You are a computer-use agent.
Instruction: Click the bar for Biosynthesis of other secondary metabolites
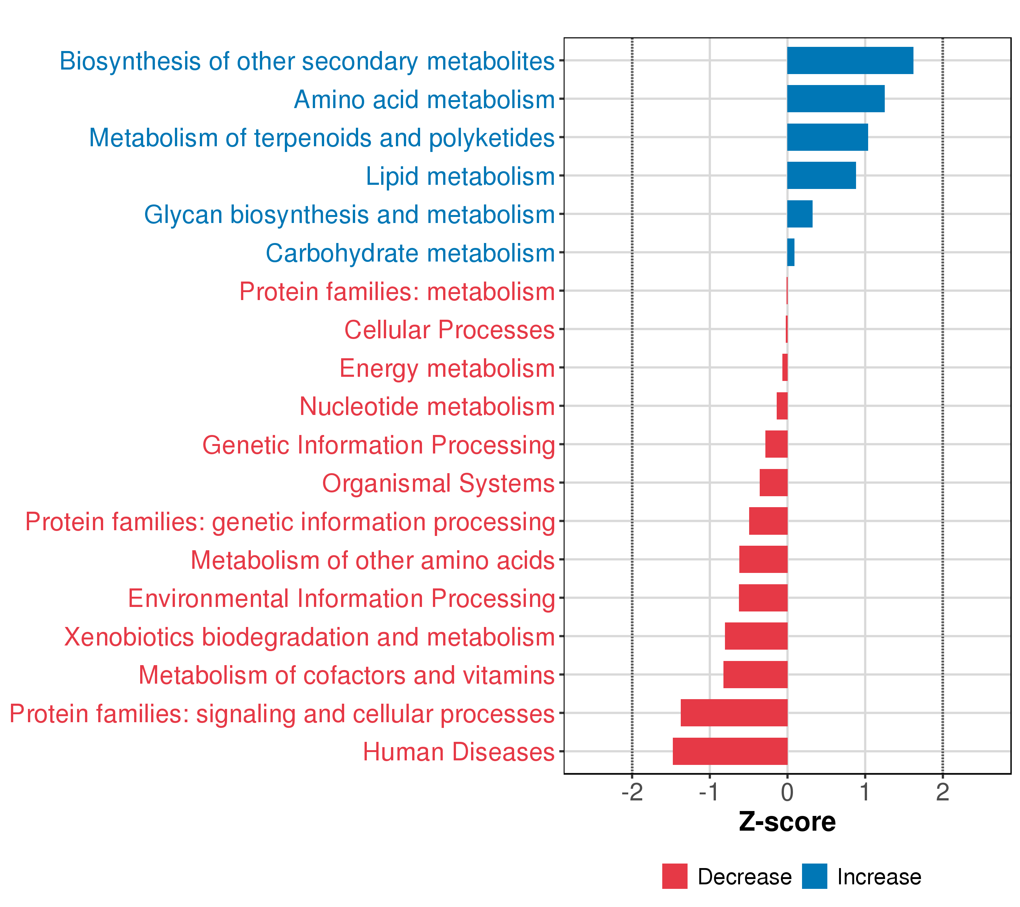pos(850,60)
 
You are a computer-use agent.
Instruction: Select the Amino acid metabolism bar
pos(836,99)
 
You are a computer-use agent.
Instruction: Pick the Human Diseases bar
pos(730,751)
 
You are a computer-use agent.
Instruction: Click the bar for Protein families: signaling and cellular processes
pos(734,713)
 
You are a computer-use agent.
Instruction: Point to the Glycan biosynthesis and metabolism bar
pos(799,214)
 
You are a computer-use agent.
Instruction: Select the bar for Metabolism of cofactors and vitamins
pos(756,674)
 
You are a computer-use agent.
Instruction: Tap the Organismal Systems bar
pos(773,483)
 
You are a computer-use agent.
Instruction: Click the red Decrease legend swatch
pos(675,876)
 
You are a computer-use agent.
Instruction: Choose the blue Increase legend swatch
pos(814,876)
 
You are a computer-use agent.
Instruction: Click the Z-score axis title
pos(787,822)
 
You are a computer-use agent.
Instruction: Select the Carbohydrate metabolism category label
pos(410,253)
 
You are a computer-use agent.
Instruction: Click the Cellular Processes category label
pos(450,330)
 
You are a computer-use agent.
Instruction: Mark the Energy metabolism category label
pos(447,369)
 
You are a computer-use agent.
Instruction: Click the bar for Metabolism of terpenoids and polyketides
pos(827,137)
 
